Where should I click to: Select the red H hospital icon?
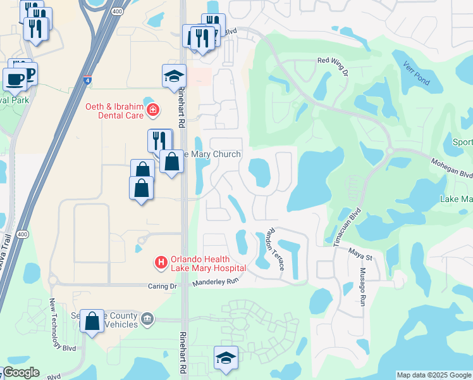click(161, 261)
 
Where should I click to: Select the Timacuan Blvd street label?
click(346, 227)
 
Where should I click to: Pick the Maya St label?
click(360, 253)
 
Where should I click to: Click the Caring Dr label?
click(161, 286)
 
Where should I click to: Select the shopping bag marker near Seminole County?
click(92, 320)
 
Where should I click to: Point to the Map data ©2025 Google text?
click(434, 375)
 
